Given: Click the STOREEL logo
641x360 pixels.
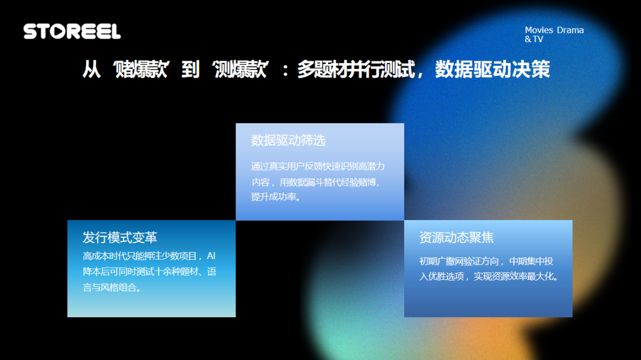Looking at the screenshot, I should point(72,31).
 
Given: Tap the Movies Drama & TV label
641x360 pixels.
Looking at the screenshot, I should point(554,34).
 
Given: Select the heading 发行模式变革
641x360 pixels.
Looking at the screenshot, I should point(120,238).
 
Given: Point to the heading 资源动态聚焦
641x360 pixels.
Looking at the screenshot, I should point(456,238).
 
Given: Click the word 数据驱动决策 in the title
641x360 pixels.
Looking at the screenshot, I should point(492,70).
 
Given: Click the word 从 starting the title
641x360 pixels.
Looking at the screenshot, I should point(91,70).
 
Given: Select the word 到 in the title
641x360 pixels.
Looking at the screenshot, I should point(191,70).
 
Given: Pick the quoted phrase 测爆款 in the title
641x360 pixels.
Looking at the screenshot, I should point(240,70).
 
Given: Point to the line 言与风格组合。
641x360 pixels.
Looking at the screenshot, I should point(112,288).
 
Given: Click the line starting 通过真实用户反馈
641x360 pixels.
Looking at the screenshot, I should point(318,167).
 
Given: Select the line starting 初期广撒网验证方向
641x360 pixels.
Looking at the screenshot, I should point(486,262).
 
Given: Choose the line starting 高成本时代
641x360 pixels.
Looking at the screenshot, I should point(142,256).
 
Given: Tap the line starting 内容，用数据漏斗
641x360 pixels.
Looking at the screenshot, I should point(314,182).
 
